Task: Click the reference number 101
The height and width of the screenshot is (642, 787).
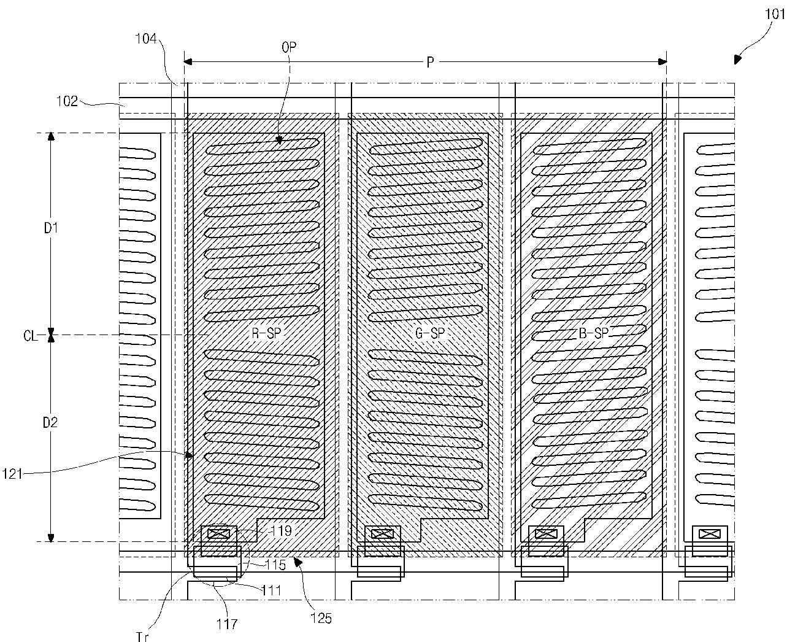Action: (774, 14)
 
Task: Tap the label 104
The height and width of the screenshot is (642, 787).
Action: (146, 39)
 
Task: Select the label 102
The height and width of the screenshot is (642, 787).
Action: (67, 101)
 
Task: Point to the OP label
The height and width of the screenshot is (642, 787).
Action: (289, 47)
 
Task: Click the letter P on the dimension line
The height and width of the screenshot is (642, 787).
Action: (430, 62)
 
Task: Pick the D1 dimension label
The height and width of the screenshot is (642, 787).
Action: (51, 228)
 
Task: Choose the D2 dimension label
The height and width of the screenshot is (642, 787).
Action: (50, 423)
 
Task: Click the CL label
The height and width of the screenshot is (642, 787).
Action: (30, 336)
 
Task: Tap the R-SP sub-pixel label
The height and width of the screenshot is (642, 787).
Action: (266, 333)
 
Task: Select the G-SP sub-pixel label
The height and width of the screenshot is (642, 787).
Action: (430, 333)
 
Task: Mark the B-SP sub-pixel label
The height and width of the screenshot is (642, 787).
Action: (593, 333)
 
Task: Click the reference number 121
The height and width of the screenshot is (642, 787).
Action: (12, 474)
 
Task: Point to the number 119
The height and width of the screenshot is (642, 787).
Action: (280, 531)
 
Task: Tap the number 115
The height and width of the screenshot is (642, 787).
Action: (275, 565)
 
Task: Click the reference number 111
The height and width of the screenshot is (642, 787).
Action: (271, 590)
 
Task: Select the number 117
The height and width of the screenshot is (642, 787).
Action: (227, 624)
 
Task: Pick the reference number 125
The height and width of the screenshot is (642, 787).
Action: (321, 619)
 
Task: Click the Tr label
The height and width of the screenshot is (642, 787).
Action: (142, 636)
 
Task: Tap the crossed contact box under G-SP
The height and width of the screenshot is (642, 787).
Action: (383, 535)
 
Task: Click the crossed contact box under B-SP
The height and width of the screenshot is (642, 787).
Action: (546, 535)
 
